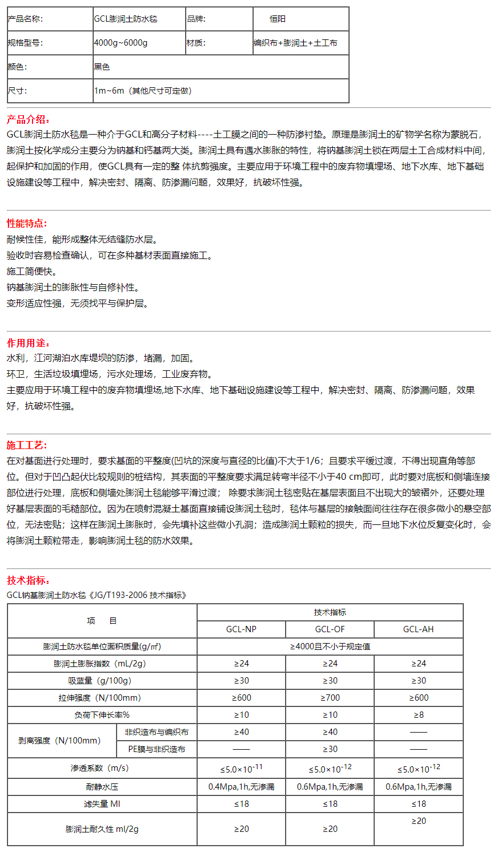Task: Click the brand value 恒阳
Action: (x=278, y=19)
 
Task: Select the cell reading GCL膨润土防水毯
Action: (x=126, y=19)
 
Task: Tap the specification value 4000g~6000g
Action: (x=121, y=43)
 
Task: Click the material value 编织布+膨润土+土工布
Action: (x=296, y=43)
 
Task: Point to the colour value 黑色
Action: (x=102, y=67)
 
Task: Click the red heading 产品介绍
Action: (x=28, y=119)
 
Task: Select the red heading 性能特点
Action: (x=27, y=223)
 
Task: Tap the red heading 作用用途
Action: (x=28, y=343)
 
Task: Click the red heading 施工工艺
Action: (x=27, y=445)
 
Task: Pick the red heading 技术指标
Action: (x=28, y=580)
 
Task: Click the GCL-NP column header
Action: (x=241, y=629)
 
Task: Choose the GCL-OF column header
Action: (x=330, y=629)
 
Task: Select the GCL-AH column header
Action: (x=419, y=629)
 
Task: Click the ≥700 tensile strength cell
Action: (x=330, y=698)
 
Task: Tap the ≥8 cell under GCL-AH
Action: (x=419, y=715)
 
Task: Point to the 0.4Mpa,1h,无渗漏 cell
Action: (x=241, y=787)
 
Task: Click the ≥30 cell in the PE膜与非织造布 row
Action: (x=330, y=749)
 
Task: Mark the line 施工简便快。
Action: (x=31, y=272)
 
